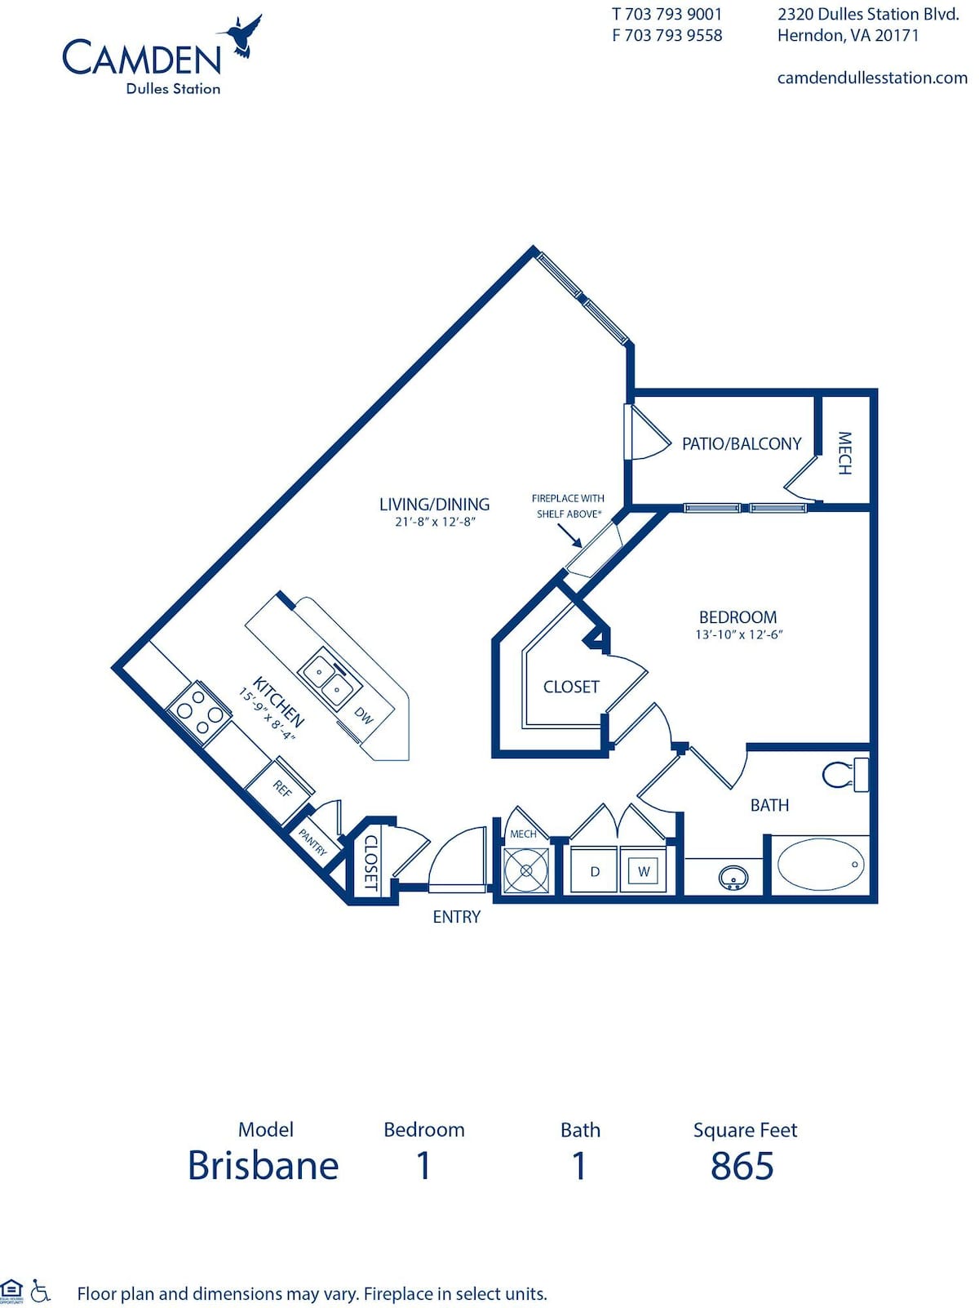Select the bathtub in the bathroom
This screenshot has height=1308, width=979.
point(820,864)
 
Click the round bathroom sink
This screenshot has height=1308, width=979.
point(733,879)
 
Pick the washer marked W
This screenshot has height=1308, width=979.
point(644,871)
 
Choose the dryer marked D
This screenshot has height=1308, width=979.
point(595,871)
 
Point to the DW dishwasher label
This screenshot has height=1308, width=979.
point(364,715)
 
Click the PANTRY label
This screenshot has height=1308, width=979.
point(312,841)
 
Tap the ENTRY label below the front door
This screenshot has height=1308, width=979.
point(456,917)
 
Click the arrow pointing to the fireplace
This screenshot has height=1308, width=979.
point(570,536)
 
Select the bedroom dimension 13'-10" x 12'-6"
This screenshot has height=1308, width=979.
point(738,634)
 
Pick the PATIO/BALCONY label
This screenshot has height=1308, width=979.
point(742,443)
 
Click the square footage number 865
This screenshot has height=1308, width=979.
point(742,1165)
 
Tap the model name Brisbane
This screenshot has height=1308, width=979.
point(263,1165)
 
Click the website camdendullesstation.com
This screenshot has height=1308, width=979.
point(871,78)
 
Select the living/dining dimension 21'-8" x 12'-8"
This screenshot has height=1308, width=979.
point(435,522)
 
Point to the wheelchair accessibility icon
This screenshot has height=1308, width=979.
point(40,1291)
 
